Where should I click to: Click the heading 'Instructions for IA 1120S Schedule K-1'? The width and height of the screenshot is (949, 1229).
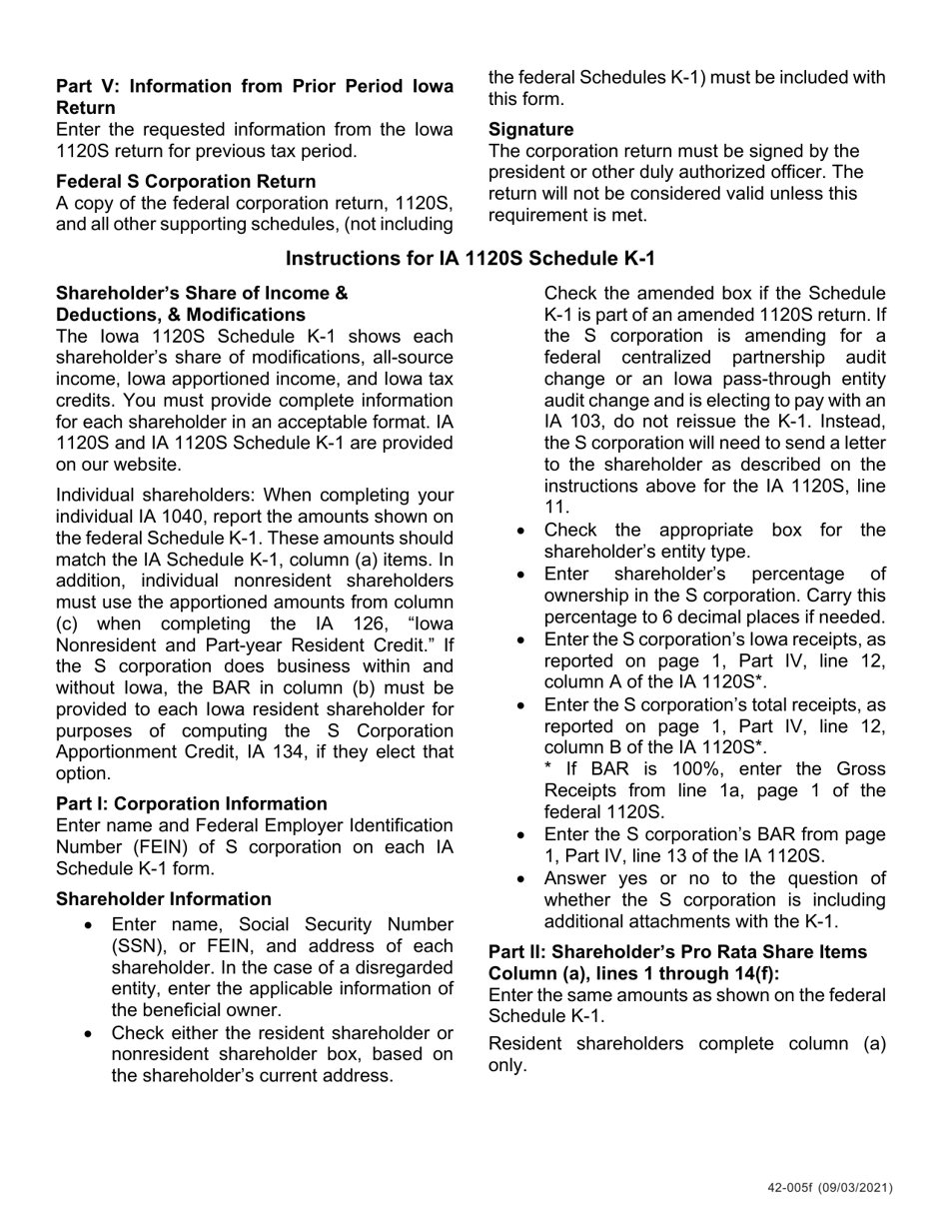(471, 259)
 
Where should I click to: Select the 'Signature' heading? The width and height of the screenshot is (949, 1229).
(530, 130)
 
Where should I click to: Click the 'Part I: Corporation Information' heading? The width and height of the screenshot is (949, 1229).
(191, 804)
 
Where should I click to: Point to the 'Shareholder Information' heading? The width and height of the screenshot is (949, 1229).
(163, 899)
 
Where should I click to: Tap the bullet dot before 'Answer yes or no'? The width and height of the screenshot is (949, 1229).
(521, 879)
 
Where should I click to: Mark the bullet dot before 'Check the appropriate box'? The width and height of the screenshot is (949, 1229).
(521, 531)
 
